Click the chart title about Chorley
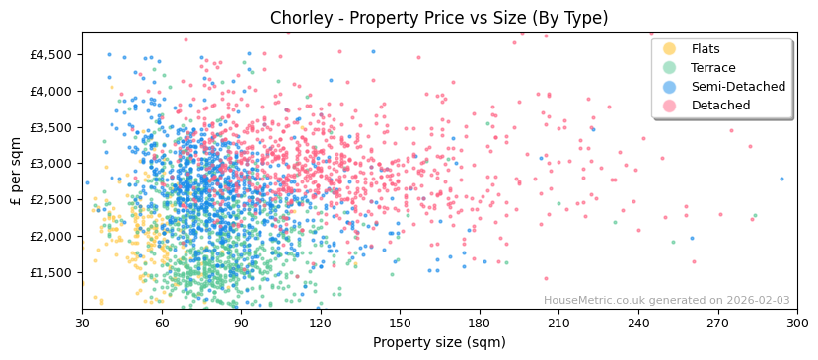pos(439,18)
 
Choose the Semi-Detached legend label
pos(738,87)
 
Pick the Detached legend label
pos(720,106)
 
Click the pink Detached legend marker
pos(669,106)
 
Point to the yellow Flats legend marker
pos(669,49)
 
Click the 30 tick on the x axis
pos(82,323)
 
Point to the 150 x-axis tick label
pos(400,323)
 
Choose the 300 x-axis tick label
pos(797,323)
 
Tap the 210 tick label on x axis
pos(558,323)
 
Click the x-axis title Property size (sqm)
pos(439,342)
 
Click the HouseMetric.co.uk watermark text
pos(666,301)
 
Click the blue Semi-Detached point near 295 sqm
pos(782,179)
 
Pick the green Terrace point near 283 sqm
pos(755,215)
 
